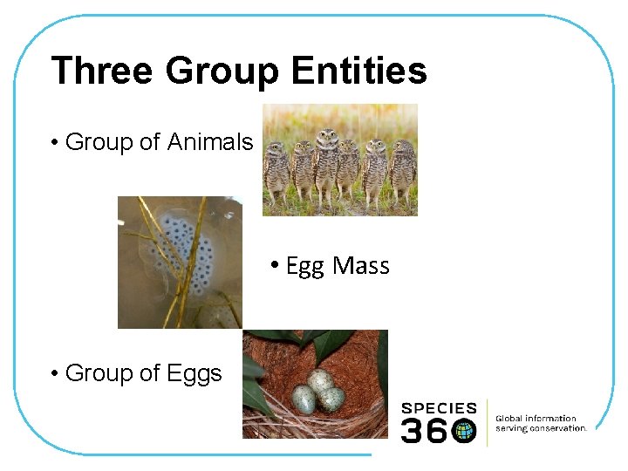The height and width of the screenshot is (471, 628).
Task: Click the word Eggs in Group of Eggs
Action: (x=193, y=373)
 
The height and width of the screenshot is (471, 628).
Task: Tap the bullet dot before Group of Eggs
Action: (x=55, y=374)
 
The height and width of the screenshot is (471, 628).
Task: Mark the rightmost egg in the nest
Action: (x=331, y=399)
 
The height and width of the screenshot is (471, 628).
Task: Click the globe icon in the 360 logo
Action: (x=464, y=429)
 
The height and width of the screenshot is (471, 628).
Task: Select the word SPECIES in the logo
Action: (x=439, y=408)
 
